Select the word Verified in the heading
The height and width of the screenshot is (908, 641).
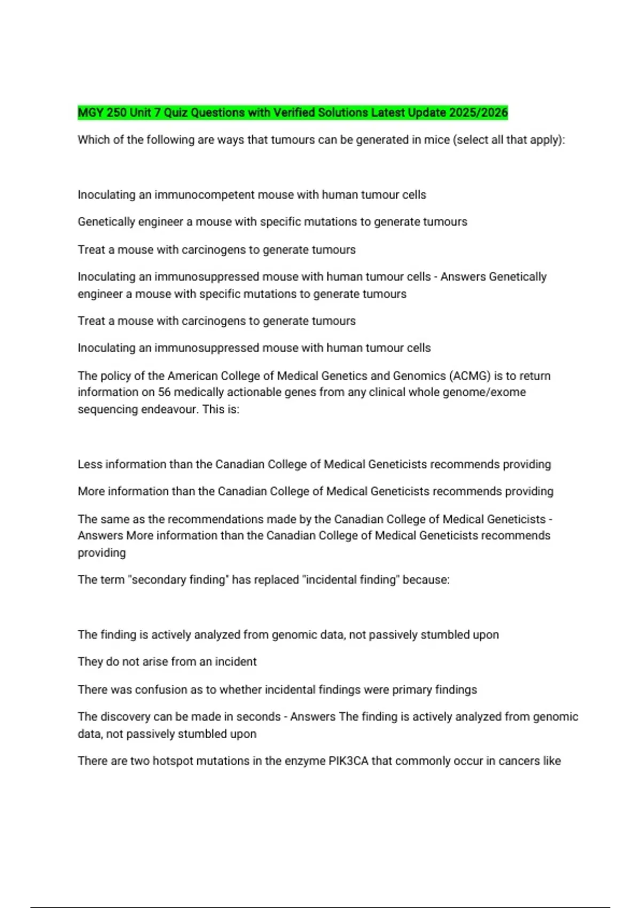coord(294,113)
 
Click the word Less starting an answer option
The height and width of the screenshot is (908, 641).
coord(90,465)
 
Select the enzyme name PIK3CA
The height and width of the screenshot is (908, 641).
coord(348,761)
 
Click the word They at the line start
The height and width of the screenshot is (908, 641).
coord(90,662)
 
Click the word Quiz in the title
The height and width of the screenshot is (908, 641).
coord(176,113)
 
